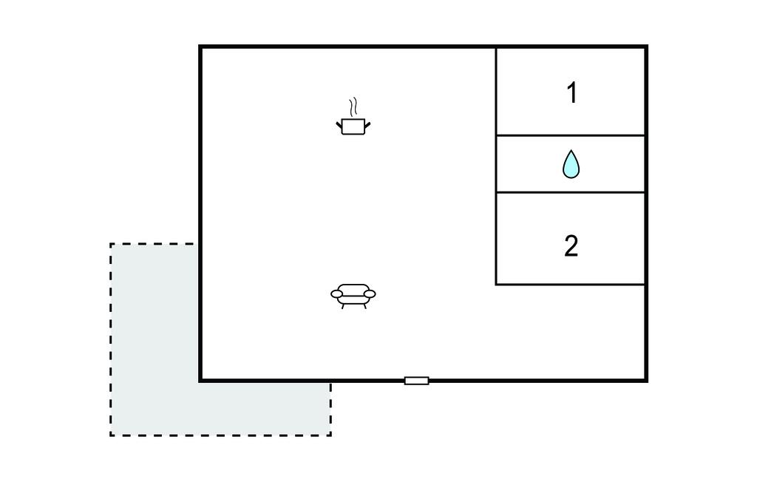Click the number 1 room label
pos(571,93)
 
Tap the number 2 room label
pos(571,246)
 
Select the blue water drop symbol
pos(571,165)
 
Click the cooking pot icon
pos(353,126)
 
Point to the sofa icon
pos(353,294)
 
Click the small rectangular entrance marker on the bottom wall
pos(416,381)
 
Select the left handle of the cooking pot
pos(340,124)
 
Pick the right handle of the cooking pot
pos(366,124)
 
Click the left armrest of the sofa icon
pos(336,294)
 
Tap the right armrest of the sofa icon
pos(369,294)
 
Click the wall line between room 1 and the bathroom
pos(571,135)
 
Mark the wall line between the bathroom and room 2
pos(571,192)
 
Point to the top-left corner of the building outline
pos(200,47)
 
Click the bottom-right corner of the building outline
pos(647,380)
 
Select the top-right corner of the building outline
pos(647,47)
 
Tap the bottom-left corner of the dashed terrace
pos(111,435)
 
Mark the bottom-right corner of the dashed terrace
pos(330,435)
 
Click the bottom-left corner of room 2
pos(496,284)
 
